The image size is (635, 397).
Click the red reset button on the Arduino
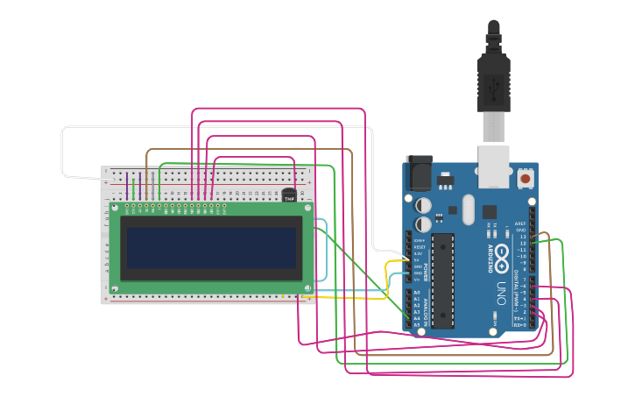click(525, 179)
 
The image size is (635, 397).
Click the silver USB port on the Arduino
click(493, 167)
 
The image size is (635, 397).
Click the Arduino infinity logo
click(501, 256)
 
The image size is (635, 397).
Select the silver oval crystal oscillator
click(467, 209)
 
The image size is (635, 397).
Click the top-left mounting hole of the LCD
click(114, 209)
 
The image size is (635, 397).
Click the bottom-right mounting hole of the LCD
click(307, 287)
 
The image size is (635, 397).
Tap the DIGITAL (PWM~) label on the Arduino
click(516, 289)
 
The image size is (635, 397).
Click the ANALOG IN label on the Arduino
click(426, 311)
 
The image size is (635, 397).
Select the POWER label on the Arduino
click(426, 259)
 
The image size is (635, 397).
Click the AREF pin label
click(521, 223)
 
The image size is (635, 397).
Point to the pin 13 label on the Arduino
click(523, 237)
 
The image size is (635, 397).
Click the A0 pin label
click(416, 292)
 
